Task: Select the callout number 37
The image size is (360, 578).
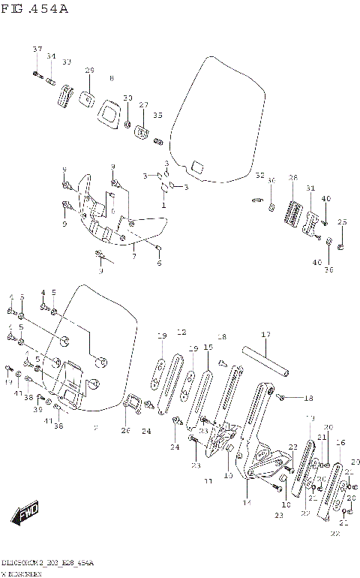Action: click(37, 49)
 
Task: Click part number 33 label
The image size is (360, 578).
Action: click(67, 62)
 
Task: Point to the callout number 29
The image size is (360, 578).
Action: click(89, 71)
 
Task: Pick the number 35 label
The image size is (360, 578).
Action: click(157, 115)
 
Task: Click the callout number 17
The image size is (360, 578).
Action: click(265, 335)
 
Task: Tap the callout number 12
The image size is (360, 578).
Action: click(181, 331)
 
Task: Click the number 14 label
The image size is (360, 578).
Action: click(246, 501)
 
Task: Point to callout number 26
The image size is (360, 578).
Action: click(125, 431)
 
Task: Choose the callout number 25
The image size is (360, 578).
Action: click(342, 222)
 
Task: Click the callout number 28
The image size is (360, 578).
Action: click(293, 178)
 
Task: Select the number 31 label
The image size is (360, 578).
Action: click(310, 188)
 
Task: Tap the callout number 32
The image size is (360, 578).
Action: click(259, 176)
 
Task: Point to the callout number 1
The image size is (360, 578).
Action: click(163, 205)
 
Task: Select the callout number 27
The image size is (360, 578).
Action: click(143, 105)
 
